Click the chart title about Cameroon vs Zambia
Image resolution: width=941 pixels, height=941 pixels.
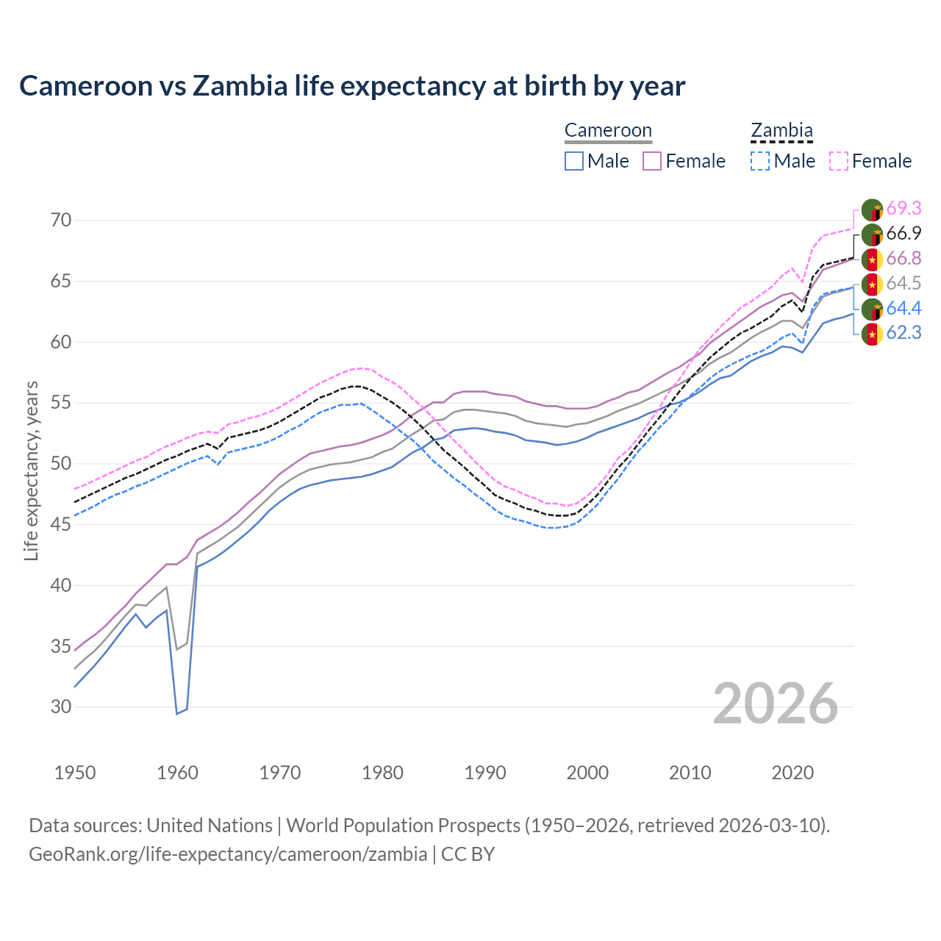(x=352, y=86)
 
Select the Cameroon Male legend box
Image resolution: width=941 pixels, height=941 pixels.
(x=574, y=161)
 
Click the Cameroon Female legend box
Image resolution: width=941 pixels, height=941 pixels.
(x=652, y=161)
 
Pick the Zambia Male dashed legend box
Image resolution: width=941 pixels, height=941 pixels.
(x=760, y=161)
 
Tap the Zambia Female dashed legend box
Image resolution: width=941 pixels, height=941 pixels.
(x=838, y=161)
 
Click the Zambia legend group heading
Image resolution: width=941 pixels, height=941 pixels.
(x=781, y=131)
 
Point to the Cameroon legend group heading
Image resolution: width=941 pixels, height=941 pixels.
(x=608, y=131)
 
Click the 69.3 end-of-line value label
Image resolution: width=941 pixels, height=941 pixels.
(x=904, y=209)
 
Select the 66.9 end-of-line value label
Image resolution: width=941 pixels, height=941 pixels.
(x=904, y=234)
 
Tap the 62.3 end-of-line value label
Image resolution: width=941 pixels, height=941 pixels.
(x=904, y=333)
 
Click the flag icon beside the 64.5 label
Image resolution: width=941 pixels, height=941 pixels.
(x=872, y=284)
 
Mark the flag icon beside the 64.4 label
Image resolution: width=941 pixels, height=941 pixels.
(x=872, y=309)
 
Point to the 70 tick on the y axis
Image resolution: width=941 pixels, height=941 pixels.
(x=60, y=221)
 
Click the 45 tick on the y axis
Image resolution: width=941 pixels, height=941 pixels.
(x=60, y=525)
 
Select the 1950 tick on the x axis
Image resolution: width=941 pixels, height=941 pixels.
(x=75, y=773)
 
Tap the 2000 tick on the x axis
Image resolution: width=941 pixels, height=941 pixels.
(x=587, y=773)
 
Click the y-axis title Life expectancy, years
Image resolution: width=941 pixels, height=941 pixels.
(x=31, y=470)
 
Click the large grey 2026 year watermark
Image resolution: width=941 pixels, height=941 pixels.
(x=775, y=704)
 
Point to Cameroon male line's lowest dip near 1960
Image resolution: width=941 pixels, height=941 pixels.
(x=177, y=713)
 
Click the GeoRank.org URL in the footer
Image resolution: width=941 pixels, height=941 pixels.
(x=228, y=854)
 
